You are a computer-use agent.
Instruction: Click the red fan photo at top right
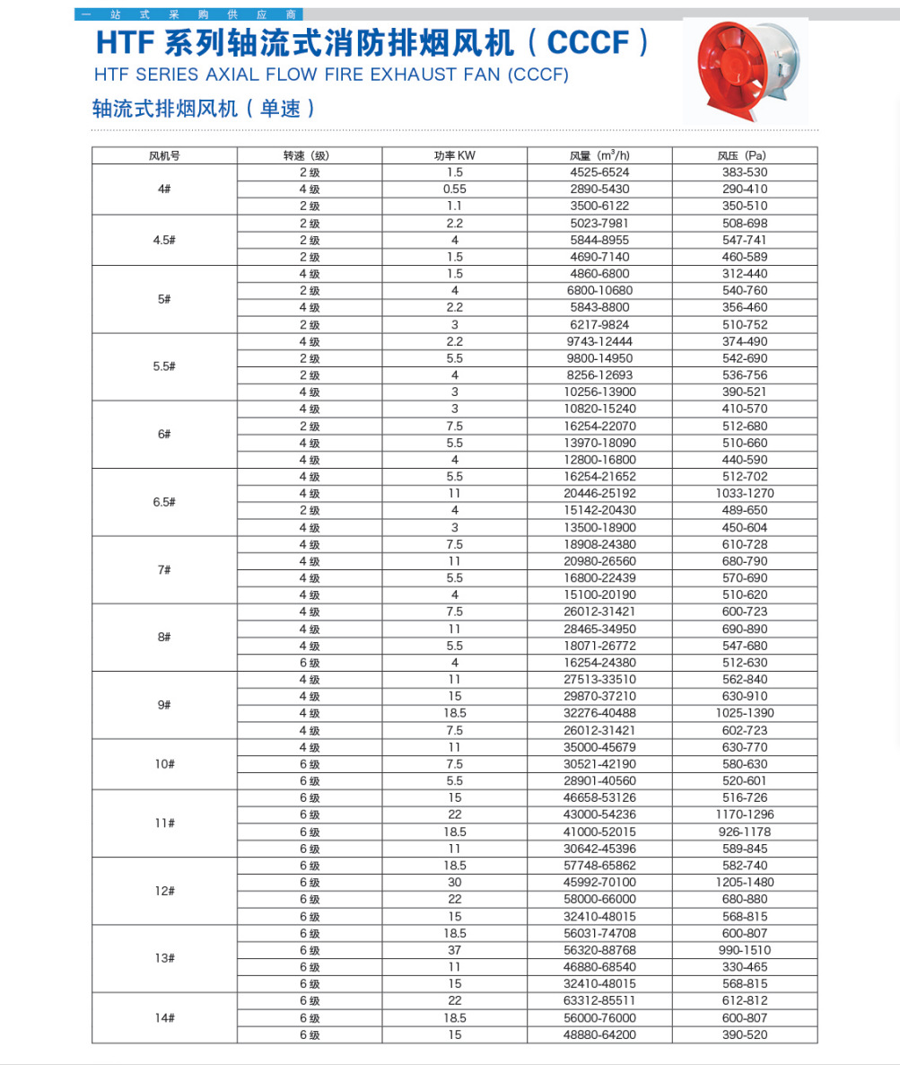click(745, 71)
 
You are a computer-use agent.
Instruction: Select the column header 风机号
click(164, 155)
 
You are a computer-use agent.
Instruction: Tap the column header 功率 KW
click(455, 155)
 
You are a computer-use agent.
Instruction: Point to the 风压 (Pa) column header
click(745, 155)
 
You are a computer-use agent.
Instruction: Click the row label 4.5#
click(164, 240)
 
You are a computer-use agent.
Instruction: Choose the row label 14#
click(164, 1017)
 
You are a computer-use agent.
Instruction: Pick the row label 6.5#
click(164, 502)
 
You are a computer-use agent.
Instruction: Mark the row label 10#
click(164, 764)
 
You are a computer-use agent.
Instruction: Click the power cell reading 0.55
click(455, 189)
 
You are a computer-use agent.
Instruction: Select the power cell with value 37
click(455, 950)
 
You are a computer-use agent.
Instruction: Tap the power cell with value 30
click(455, 883)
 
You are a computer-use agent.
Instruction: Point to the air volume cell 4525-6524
click(599, 172)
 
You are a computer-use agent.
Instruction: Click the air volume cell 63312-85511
click(599, 1000)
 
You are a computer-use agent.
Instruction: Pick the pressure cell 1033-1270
click(745, 493)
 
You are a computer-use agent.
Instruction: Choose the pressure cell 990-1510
click(745, 950)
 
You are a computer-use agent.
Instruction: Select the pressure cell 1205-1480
click(745, 883)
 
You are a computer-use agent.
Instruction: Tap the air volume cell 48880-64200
click(599, 1034)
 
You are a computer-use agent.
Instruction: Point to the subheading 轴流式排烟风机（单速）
click(205, 109)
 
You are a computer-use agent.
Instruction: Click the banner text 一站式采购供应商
click(188, 14)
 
